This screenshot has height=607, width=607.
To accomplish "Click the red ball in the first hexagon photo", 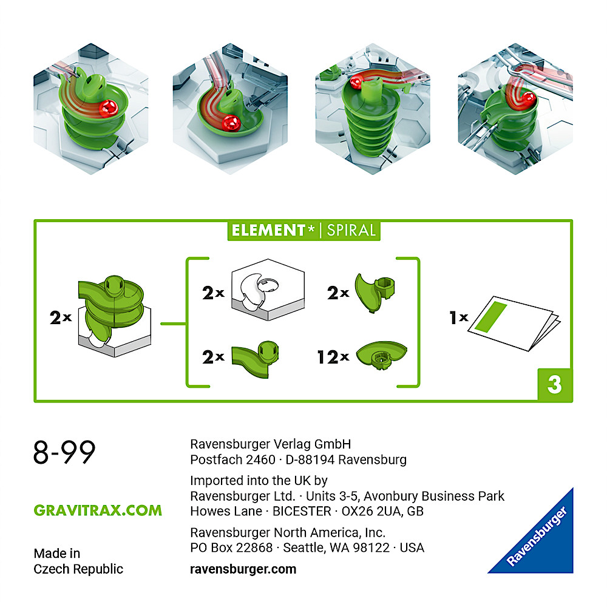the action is (109, 109).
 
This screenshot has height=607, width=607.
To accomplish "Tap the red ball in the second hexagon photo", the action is (231, 123).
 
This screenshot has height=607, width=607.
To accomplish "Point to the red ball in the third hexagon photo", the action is (356, 82).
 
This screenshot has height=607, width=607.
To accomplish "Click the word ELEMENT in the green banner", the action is (269, 230).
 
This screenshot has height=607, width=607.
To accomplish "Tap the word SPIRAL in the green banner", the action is (351, 230).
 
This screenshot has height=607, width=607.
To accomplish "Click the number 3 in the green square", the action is (555, 384).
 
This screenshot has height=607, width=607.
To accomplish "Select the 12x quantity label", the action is (333, 357).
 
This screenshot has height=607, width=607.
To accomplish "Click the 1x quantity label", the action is (459, 317).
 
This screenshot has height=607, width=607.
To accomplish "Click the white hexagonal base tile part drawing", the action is (268, 290).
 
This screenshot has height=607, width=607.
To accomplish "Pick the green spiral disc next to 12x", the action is (381, 355).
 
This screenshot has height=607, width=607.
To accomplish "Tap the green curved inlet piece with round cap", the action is (256, 359).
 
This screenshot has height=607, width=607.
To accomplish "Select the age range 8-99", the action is (64, 452).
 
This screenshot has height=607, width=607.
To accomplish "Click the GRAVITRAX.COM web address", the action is (98, 510).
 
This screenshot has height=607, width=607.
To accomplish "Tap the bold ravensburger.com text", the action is (243, 569).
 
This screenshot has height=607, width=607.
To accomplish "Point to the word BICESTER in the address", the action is (302, 511).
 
